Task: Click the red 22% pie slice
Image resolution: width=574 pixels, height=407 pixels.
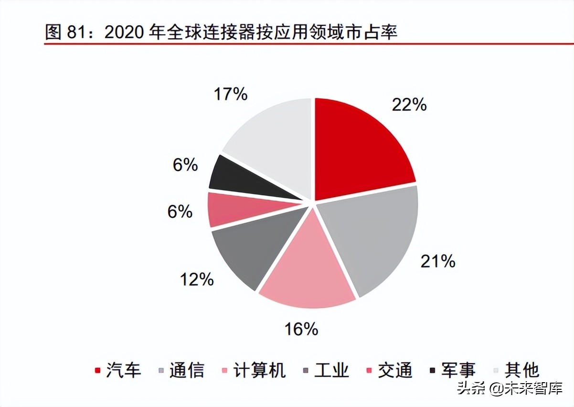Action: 361,148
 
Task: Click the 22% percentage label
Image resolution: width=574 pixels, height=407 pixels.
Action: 409,104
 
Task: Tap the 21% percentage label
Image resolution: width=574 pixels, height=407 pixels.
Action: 437,261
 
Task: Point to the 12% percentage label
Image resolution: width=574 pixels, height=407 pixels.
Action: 197,279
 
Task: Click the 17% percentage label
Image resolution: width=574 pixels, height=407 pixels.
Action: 230,94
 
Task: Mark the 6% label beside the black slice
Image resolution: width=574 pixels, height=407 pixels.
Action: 185,165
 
